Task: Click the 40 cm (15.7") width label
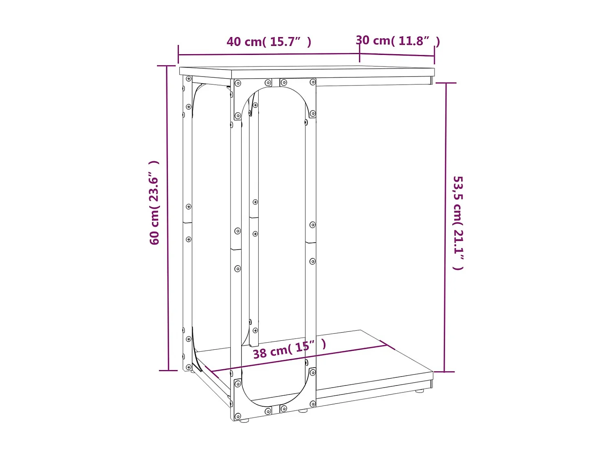coord(269,42)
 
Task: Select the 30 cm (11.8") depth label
coord(398,41)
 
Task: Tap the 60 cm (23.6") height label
coord(154,203)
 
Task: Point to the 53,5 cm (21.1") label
coord(458,223)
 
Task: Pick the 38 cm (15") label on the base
coord(289,349)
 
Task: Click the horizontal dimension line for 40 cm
coord(269,54)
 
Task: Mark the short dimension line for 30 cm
coord(397,55)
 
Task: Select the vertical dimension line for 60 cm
coord(167,220)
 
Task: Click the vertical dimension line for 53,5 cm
coord(445,228)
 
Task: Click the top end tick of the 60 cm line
coord(167,66)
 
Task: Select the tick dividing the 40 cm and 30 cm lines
coord(359,53)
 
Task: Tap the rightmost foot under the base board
coord(419,391)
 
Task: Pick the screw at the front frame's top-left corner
coord(238,83)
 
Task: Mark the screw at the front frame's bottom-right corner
coord(312,404)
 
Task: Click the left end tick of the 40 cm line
coord(178,54)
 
